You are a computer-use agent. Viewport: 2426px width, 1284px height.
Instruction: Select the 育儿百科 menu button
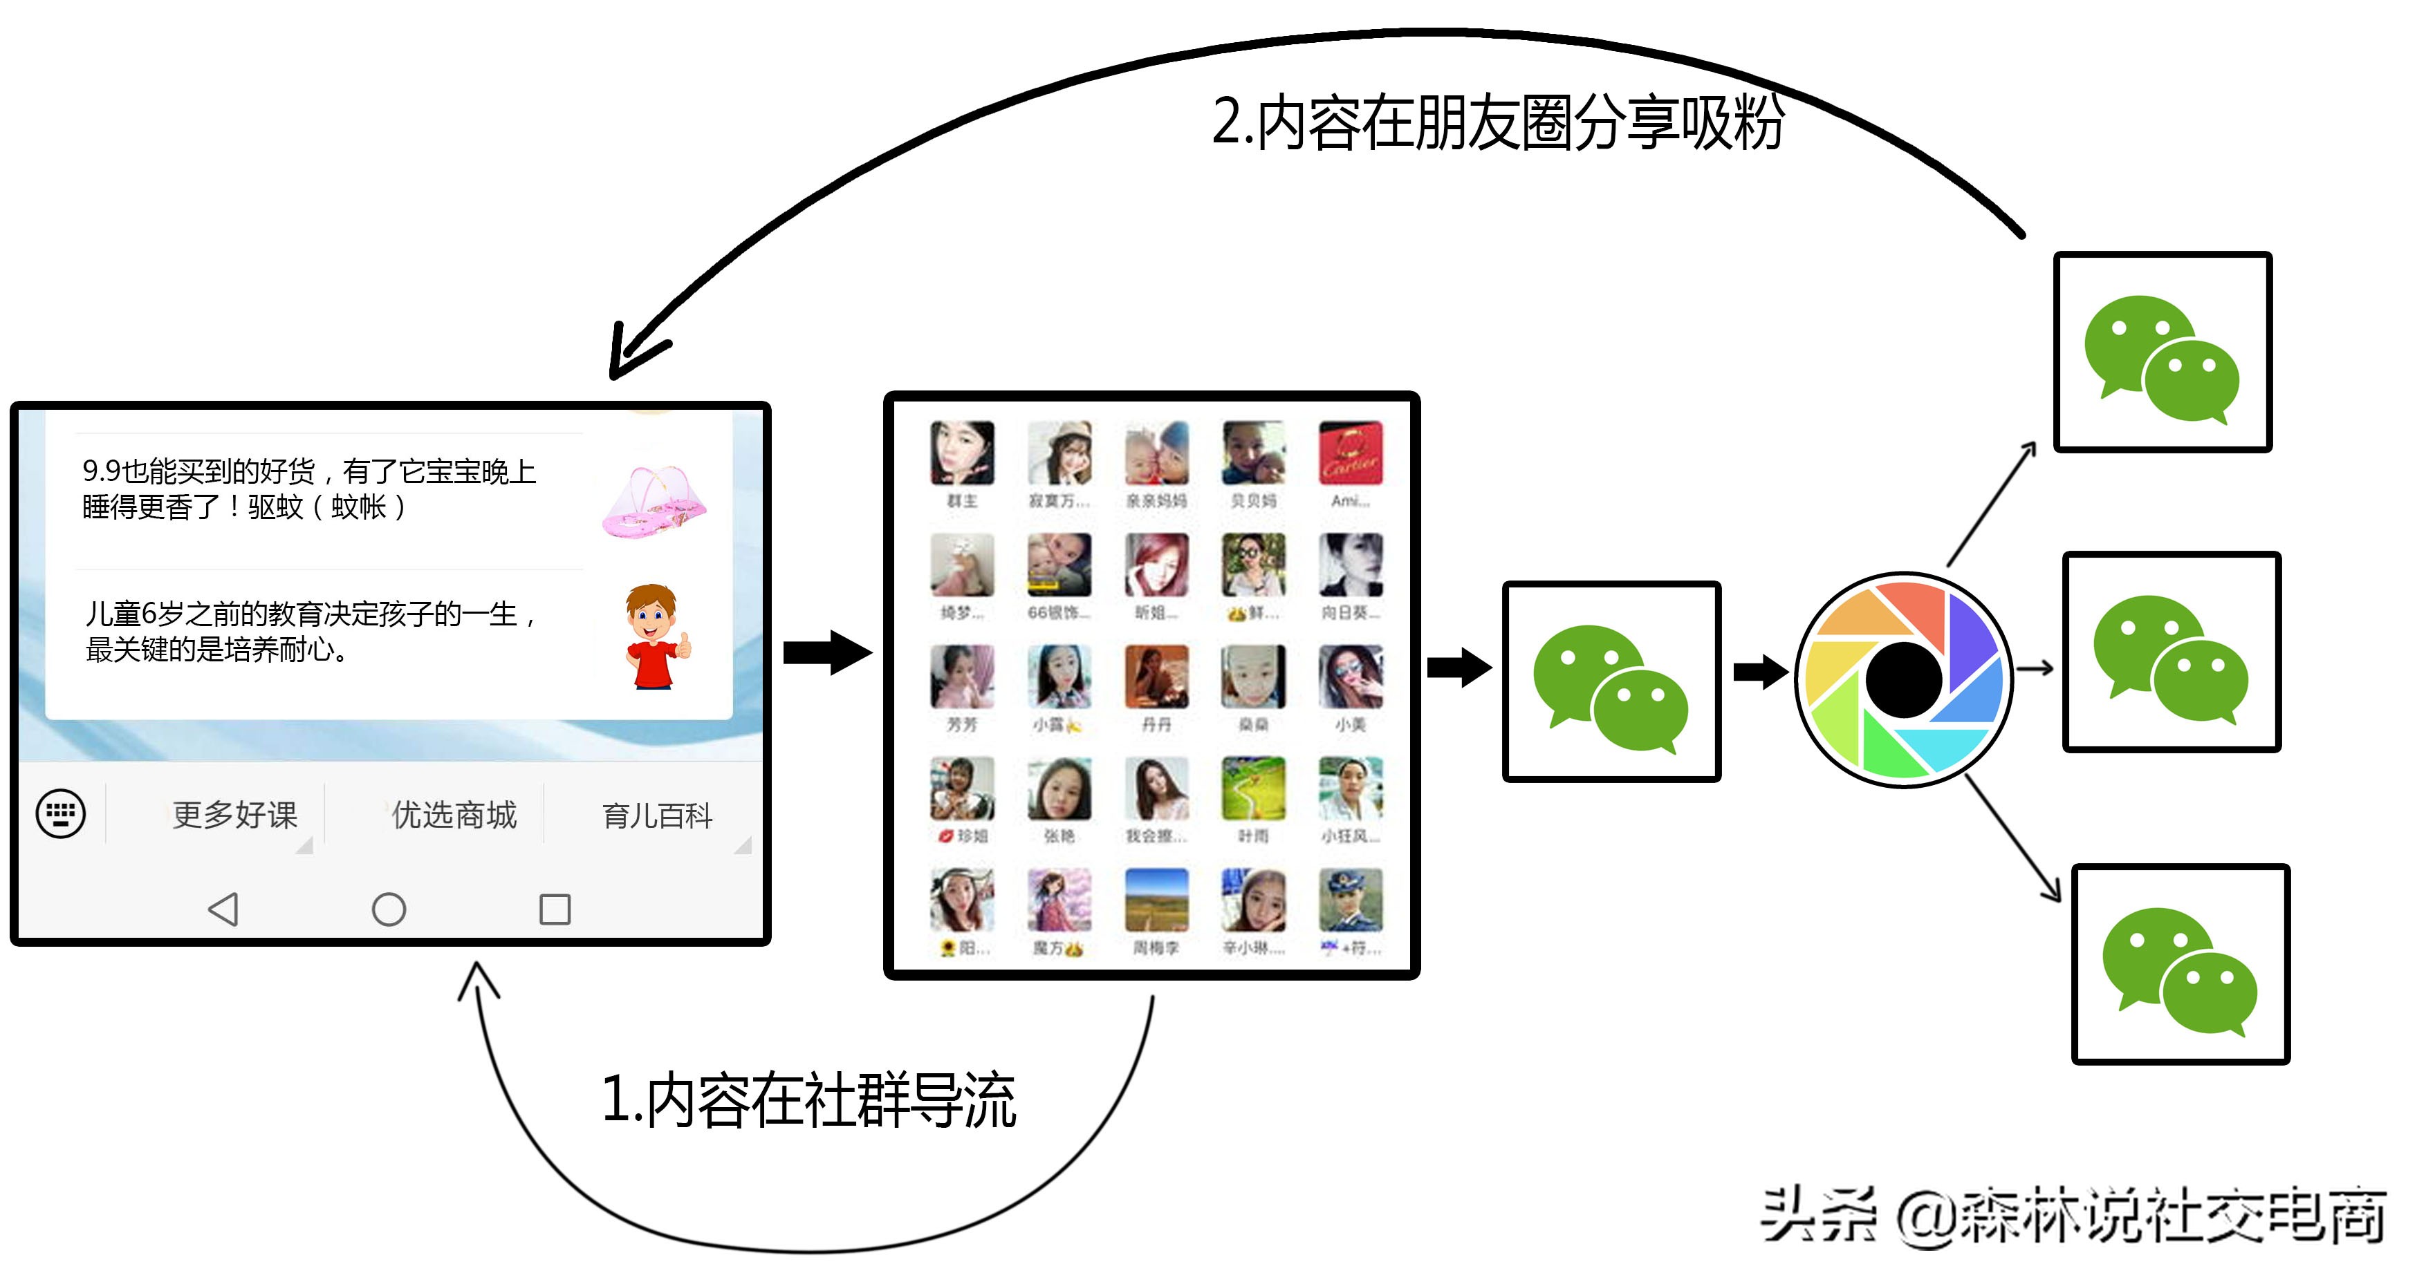[x=658, y=815]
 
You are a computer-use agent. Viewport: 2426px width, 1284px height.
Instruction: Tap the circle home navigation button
[x=388, y=909]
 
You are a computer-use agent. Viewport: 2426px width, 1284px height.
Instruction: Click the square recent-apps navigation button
[x=554, y=909]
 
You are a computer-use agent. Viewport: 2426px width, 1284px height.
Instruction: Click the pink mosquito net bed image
[x=654, y=501]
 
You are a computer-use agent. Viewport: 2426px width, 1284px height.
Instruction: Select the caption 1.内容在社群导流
[x=808, y=1099]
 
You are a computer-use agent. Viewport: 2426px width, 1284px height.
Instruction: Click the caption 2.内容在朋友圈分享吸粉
[x=1497, y=122]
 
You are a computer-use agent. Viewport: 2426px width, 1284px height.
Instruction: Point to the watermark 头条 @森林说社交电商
[x=2072, y=1216]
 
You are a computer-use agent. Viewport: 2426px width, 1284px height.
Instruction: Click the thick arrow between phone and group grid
[x=827, y=652]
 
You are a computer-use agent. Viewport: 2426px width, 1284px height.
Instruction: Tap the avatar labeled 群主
[x=961, y=454]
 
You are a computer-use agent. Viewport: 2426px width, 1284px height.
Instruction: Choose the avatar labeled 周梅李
[x=1156, y=901]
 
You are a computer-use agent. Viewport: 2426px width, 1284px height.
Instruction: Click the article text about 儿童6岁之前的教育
[x=311, y=632]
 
